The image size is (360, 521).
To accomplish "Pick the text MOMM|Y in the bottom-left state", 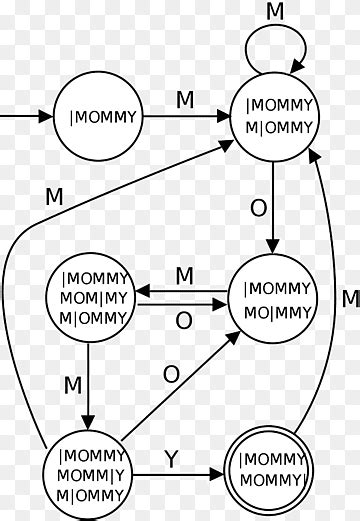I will pyautogui.click(x=90, y=476).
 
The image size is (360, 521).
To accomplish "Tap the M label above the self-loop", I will pyautogui.click(x=276, y=11).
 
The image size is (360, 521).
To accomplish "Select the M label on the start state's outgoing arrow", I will pyautogui.click(x=184, y=100).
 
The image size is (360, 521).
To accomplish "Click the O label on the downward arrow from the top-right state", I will pyautogui.click(x=259, y=208).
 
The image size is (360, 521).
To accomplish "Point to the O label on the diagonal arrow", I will pyautogui.click(x=170, y=373).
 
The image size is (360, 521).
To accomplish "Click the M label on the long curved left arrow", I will pyautogui.click(x=54, y=196).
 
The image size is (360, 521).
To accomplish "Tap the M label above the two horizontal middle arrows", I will pyautogui.click(x=184, y=274).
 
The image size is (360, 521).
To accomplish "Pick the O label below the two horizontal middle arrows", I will pyautogui.click(x=184, y=320).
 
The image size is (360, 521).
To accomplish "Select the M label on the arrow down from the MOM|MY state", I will pyautogui.click(x=72, y=384).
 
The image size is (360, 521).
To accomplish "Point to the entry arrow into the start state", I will pyautogui.click(x=25, y=117).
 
